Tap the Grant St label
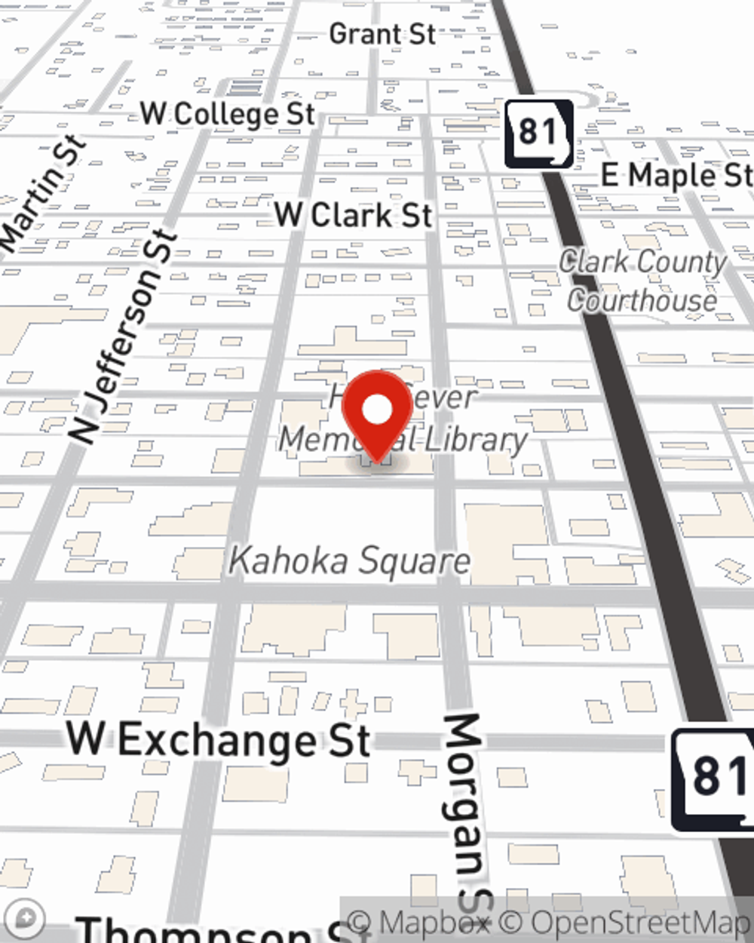[x=382, y=34]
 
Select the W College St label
[x=228, y=114]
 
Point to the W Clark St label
[x=354, y=215]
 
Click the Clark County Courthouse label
[x=642, y=281]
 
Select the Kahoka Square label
[x=350, y=561]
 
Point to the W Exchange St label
[x=219, y=739]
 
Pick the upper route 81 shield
[x=538, y=133]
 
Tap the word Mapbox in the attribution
[x=435, y=922]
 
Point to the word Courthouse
[x=642, y=300]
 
